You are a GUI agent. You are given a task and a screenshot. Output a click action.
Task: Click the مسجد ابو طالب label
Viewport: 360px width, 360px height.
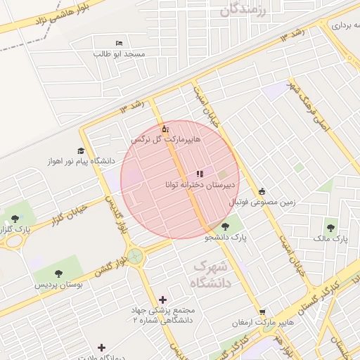click(120, 53)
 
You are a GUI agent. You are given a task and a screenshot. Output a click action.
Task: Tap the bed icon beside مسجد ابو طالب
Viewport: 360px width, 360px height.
click(117, 44)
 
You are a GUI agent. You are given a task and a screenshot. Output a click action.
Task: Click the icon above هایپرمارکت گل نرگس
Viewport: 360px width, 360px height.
click(165, 129)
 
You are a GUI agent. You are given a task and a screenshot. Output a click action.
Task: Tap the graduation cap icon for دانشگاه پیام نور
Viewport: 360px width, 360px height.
click(82, 150)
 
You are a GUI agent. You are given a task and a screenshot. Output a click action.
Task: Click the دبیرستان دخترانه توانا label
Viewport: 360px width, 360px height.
click(199, 184)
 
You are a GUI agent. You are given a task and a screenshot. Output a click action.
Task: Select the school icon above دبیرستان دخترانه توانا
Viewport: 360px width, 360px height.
click(200, 172)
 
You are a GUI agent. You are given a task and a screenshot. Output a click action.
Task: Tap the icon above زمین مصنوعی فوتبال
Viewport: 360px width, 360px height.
click(262, 191)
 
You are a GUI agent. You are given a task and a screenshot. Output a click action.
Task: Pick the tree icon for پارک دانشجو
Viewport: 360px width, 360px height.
click(224, 226)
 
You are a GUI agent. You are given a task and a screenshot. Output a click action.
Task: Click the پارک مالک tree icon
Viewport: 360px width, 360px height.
click(330, 228)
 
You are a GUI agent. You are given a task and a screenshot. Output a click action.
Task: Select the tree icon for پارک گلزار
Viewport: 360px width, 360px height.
click(15, 219)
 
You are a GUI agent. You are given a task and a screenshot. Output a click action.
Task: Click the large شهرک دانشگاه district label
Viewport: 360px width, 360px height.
click(211, 275)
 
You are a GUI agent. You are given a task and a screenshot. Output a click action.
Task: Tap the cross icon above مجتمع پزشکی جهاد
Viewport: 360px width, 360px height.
click(164, 300)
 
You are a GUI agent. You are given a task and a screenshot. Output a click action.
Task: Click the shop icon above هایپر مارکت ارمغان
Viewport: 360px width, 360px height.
click(262, 312)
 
